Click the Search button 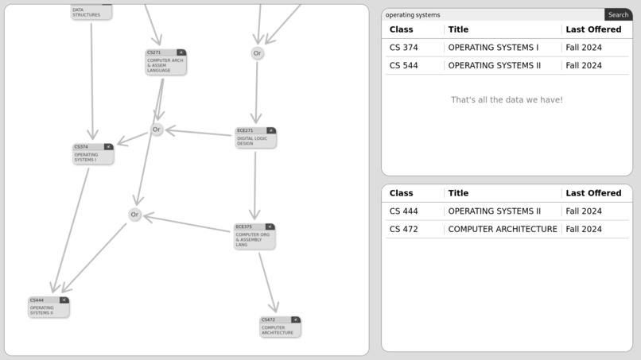tap(618, 14)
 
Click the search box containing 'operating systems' tap(493, 14)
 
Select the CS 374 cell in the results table tap(404, 48)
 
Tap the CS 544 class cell tap(404, 66)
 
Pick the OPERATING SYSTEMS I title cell tap(493, 48)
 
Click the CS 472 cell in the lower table tap(404, 230)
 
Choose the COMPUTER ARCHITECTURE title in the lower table tap(503, 230)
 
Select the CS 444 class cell tap(404, 211)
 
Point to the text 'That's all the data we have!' tap(507, 100)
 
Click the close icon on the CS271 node tap(181, 52)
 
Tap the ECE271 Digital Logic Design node tap(255, 138)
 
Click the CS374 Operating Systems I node tap(92, 154)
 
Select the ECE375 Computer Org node tap(254, 236)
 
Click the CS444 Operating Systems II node tap(49, 308)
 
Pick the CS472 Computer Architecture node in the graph tap(280, 327)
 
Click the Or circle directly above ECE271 tap(257, 53)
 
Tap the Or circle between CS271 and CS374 tap(157, 130)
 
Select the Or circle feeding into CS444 tap(134, 215)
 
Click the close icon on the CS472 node tap(295, 319)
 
